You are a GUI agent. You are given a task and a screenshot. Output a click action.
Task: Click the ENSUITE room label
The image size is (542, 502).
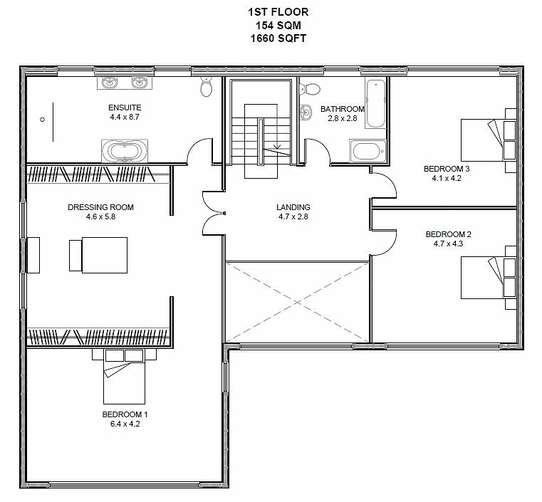coord(125,108)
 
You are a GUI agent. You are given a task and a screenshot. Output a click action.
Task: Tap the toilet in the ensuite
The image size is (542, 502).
coord(207,86)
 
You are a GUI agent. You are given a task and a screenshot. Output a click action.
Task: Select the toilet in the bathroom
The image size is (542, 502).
coord(310,89)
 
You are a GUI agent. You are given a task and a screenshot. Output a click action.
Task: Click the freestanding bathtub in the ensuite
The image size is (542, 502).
coord(125,151)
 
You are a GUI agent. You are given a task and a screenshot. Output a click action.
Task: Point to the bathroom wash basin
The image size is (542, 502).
coord(306,112)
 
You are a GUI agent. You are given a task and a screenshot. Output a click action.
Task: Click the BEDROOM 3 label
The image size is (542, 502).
coord(447,169)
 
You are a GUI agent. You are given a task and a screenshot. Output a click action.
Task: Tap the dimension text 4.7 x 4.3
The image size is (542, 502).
coord(448,244)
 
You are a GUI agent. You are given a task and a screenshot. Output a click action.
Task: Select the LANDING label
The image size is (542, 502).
coord(293,207)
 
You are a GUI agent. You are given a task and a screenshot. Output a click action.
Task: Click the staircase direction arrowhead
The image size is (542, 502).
coord(277,147)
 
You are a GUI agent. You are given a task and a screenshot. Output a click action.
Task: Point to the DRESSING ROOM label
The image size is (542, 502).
coord(100,207)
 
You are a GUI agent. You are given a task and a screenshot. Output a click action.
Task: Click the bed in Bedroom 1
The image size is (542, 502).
coord(124,377)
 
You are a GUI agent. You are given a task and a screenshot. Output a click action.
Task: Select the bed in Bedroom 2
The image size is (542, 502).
coord(489,278)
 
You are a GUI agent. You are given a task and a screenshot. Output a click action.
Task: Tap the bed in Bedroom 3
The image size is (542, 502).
coord(489,140)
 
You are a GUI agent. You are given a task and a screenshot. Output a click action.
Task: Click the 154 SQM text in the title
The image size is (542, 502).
coord(278,25)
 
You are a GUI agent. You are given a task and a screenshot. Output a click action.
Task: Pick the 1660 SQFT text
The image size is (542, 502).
coord(278,38)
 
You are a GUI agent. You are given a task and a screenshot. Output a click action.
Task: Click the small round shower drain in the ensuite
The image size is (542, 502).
coord(42,120)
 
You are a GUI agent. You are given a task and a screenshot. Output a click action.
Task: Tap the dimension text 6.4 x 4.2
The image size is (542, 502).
coord(125,424)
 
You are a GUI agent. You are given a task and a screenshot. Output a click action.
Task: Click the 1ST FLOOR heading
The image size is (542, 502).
coord(278,12)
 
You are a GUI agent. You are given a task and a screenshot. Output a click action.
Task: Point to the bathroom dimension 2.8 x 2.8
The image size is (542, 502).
coord(342,118)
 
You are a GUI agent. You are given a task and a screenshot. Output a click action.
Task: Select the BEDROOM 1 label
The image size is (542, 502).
coord(125,414)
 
